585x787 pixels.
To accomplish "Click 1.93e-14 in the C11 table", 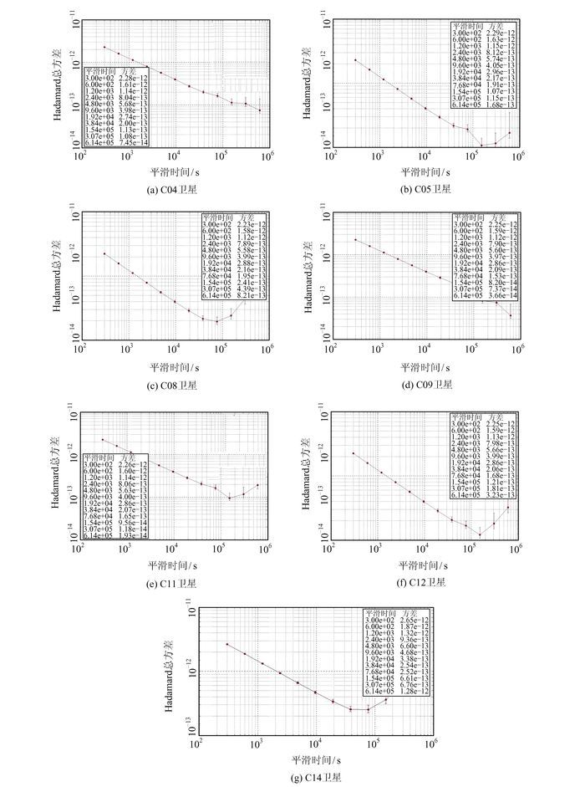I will (x=133, y=534).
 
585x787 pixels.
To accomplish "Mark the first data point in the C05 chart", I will (x=357, y=60).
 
